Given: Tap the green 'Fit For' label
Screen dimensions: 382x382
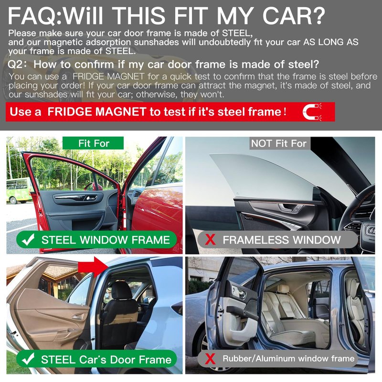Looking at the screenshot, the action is [93, 143].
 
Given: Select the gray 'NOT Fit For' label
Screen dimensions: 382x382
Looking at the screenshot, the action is [279, 143].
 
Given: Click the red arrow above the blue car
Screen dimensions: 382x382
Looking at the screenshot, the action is [93, 267].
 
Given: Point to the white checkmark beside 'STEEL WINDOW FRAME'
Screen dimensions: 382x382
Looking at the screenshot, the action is [28, 240].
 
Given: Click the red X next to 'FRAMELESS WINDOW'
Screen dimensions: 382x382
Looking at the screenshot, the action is [210, 240].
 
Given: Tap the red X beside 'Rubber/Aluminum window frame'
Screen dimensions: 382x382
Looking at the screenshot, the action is [210, 359].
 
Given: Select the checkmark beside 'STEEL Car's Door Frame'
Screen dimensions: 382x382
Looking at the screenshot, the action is [28, 359].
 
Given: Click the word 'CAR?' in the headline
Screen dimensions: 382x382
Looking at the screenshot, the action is [294, 16].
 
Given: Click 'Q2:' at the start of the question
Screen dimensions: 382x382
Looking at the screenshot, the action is [18, 64].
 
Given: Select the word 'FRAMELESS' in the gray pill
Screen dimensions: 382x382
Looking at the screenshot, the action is [256, 240].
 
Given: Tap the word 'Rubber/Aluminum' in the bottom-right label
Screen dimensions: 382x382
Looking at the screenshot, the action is [259, 359].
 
